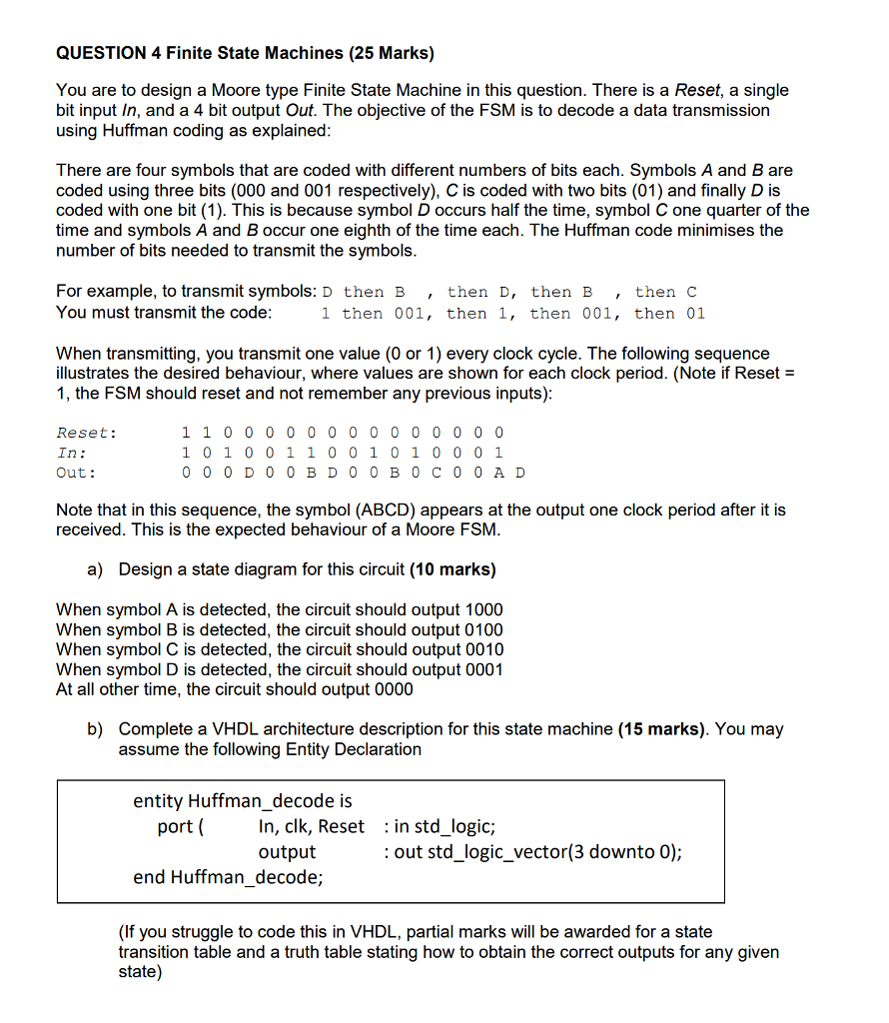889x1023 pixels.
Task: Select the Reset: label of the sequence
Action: click(x=86, y=433)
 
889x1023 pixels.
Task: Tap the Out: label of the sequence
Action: click(x=76, y=473)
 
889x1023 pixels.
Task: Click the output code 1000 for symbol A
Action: click(x=484, y=609)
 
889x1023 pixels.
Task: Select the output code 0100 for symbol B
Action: click(x=484, y=629)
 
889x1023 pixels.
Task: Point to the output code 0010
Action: click(x=484, y=649)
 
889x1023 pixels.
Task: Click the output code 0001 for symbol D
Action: click(x=484, y=669)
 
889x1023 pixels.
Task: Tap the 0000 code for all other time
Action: click(x=393, y=689)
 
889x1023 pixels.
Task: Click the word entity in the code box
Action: click(x=158, y=801)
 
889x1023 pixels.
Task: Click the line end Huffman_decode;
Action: click(x=229, y=877)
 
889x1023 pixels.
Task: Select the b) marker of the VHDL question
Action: click(x=96, y=728)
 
